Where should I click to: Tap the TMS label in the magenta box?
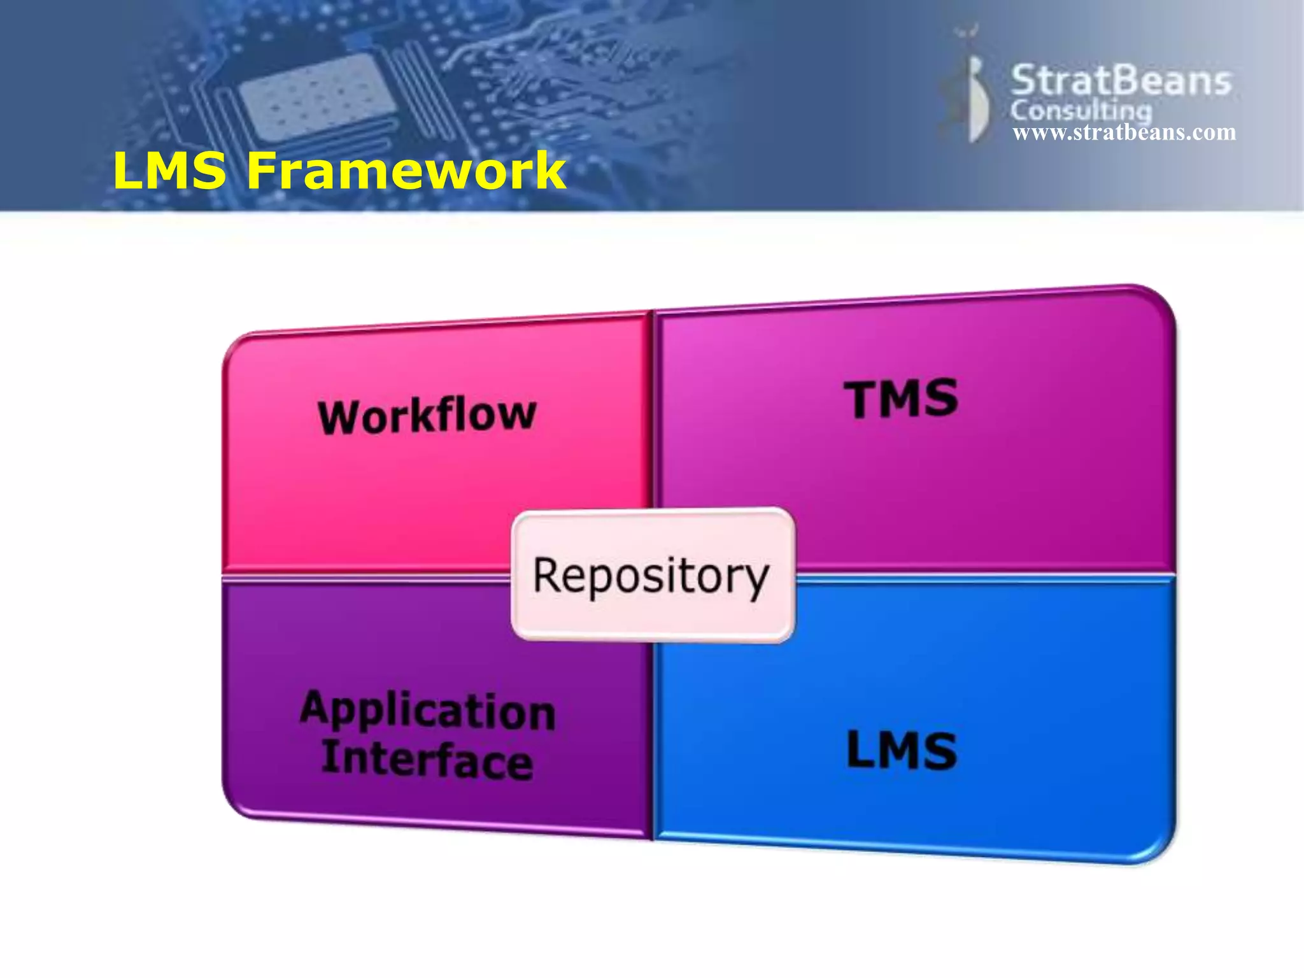901,399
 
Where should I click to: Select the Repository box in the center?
652,575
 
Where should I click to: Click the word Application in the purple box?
427,711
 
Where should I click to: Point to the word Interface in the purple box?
427,760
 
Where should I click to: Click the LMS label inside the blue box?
901,751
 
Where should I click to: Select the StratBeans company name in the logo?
1121,81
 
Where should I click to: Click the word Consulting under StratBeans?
1081,111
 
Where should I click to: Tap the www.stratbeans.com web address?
1124,132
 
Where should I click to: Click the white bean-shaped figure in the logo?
977,99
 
